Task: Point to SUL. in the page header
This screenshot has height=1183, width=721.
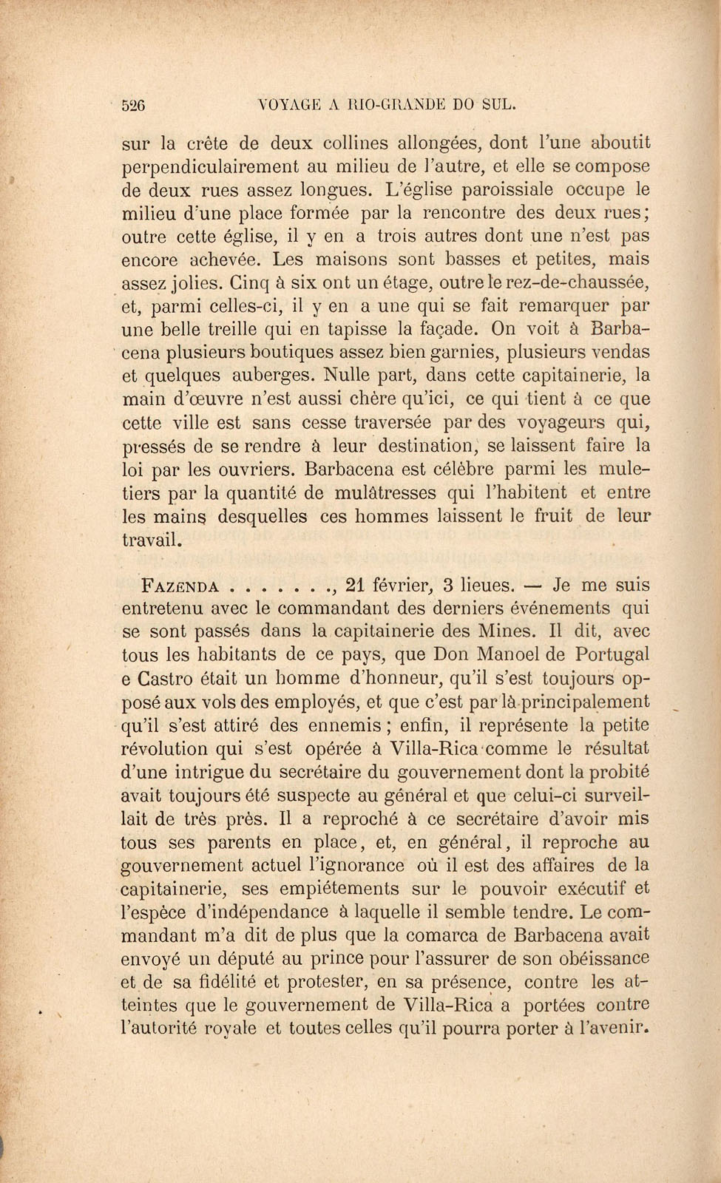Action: coord(492,105)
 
